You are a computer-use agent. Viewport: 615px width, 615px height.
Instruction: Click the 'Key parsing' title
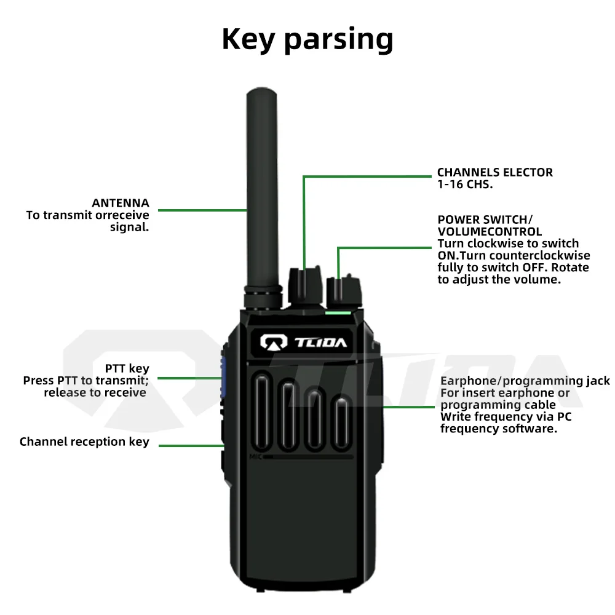(307, 39)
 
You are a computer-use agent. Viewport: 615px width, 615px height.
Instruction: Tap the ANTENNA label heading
(121, 203)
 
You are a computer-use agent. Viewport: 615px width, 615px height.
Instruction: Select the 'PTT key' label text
(127, 368)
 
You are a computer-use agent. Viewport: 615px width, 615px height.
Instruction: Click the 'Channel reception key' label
(84, 442)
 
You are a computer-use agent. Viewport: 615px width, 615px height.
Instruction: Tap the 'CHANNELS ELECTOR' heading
(494, 173)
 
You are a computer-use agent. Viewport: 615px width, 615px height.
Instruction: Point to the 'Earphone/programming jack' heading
(525, 381)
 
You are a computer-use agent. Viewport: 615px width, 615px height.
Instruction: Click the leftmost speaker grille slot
(261, 410)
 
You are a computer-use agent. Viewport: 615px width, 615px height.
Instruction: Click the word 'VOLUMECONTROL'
(490, 231)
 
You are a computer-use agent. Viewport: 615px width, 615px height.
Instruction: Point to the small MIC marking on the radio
(256, 456)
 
